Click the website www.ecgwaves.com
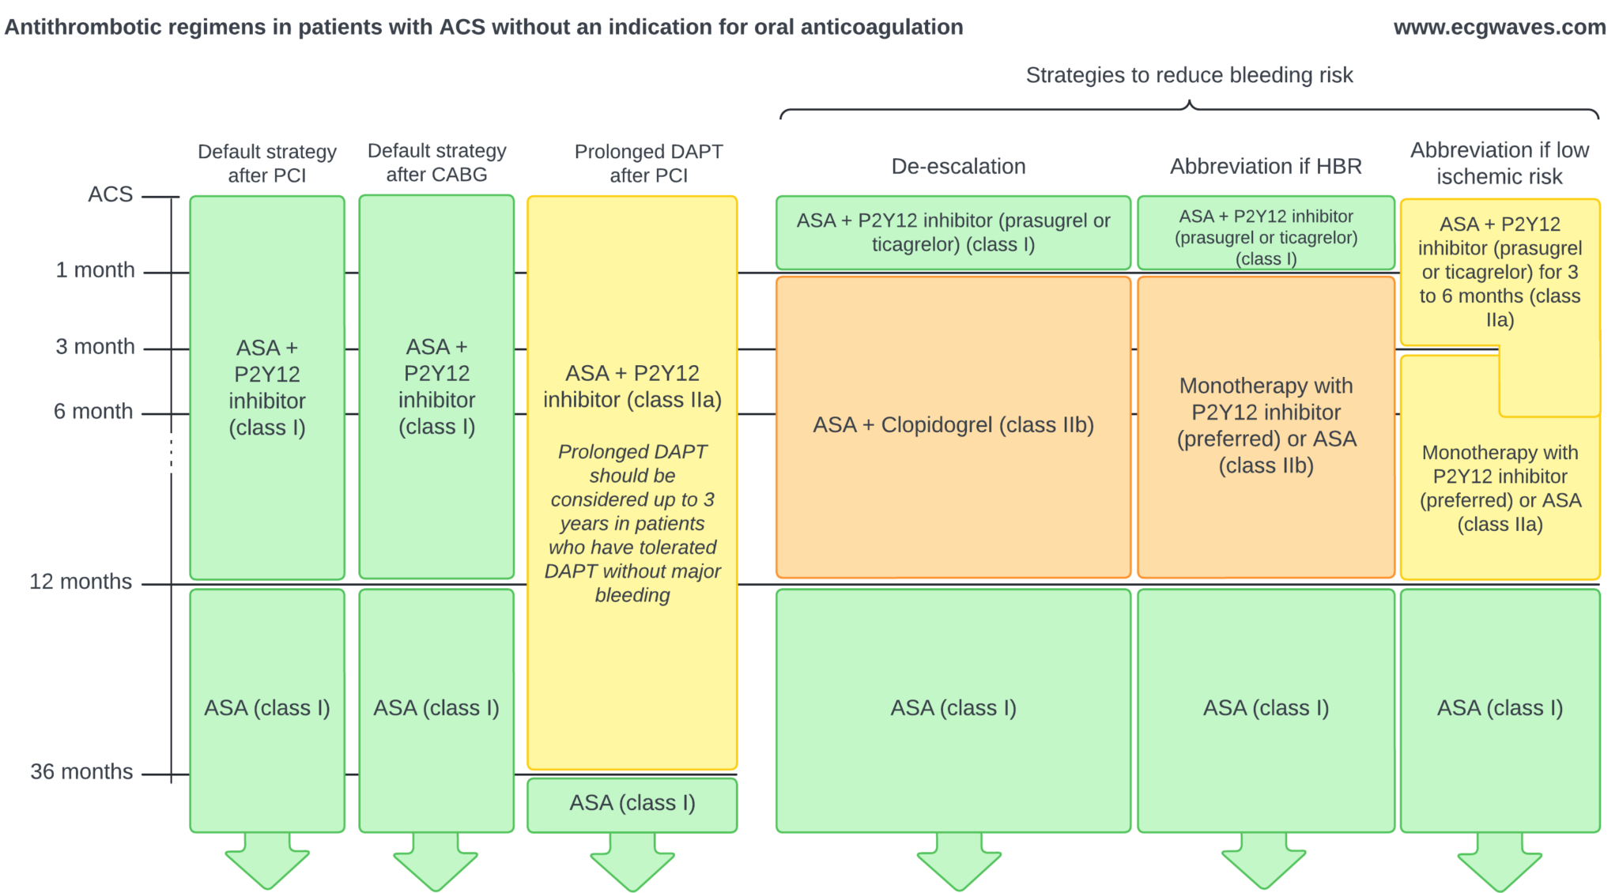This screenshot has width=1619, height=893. coord(1499,28)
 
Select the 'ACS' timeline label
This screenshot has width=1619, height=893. coord(111,194)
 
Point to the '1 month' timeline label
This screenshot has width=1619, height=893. coord(95,270)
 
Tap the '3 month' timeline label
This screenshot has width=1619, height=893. coord(95,347)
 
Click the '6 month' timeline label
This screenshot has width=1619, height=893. coord(93,412)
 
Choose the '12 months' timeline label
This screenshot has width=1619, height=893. coord(81,582)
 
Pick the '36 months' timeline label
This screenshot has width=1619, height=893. coord(81,771)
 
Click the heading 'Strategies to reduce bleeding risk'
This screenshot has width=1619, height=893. coord(1189,75)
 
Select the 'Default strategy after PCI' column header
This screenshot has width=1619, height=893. coord(267,164)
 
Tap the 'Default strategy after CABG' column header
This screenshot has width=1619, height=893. coord(436,163)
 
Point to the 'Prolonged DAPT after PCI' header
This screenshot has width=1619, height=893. coord(648,164)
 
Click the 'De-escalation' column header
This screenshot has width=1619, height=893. coord(958,167)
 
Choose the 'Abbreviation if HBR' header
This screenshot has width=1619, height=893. coord(1266,167)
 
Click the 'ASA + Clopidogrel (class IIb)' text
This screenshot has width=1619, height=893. coord(953,425)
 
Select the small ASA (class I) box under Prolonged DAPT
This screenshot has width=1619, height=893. coord(632,804)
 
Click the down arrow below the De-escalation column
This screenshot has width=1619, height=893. coord(959,864)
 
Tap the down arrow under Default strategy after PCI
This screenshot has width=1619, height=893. coord(267,863)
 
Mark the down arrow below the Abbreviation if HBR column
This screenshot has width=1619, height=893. coord(1263,863)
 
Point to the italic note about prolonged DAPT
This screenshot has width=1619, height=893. coord(632,523)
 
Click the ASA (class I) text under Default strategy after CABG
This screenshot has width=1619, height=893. coord(436,708)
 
